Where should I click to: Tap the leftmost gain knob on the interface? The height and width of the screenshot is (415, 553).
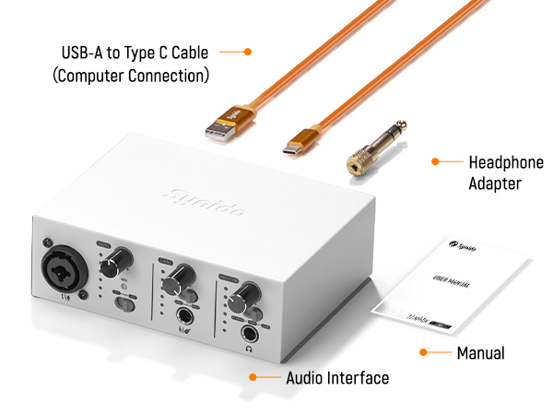(x=121, y=258)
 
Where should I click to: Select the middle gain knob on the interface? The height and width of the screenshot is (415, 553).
(x=183, y=275)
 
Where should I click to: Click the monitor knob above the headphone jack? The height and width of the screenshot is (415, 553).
(x=242, y=293)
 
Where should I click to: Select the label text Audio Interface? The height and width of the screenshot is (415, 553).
(x=337, y=378)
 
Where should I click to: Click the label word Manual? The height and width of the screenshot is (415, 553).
(x=480, y=352)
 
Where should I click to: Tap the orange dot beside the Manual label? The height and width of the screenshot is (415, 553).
(x=423, y=351)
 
